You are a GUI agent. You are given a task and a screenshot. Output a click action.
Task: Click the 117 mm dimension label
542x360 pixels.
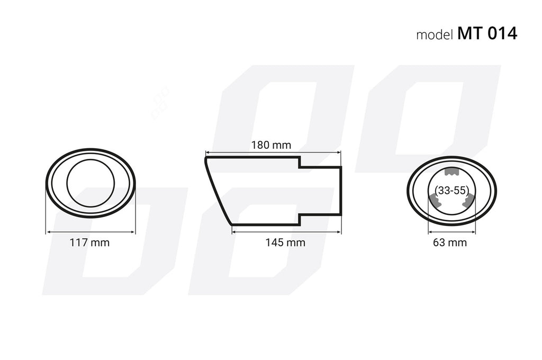click(x=89, y=242)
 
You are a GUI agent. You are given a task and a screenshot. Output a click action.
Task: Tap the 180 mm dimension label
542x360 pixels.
click(x=271, y=145)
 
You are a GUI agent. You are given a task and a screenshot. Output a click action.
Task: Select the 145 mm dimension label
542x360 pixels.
click(x=285, y=242)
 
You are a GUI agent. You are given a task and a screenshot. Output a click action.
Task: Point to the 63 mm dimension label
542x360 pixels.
click(x=450, y=242)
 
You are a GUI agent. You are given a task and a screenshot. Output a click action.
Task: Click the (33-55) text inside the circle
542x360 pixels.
click(x=452, y=191)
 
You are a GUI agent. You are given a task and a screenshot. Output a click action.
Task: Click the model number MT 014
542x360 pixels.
click(x=487, y=33)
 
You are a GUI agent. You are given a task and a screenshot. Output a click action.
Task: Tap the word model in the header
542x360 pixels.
click(x=435, y=34)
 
